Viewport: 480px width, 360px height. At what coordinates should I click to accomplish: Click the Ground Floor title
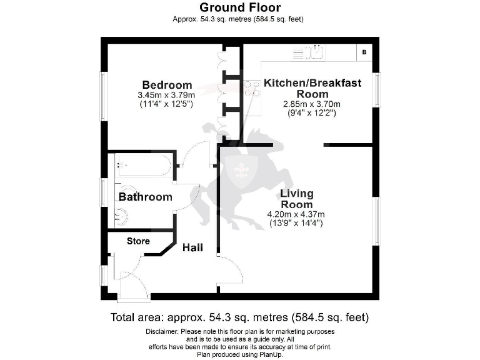point(240,7)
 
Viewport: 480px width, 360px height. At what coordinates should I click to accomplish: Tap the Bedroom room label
point(167,85)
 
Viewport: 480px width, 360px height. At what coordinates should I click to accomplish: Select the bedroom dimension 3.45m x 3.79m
point(167,95)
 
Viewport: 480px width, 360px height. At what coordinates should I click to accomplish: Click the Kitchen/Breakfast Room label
point(312,88)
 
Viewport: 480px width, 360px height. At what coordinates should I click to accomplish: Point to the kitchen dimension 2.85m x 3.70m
point(312,104)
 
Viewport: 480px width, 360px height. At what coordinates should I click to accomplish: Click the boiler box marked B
point(364,53)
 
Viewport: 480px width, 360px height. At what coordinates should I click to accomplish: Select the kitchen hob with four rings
point(252,89)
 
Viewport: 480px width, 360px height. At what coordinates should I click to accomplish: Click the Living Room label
point(297,199)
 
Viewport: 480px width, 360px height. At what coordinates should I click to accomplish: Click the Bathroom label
point(146,197)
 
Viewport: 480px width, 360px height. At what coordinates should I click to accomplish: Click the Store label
point(138,241)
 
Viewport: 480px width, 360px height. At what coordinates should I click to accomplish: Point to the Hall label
point(192,248)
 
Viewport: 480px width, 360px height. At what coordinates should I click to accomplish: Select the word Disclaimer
point(162,331)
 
